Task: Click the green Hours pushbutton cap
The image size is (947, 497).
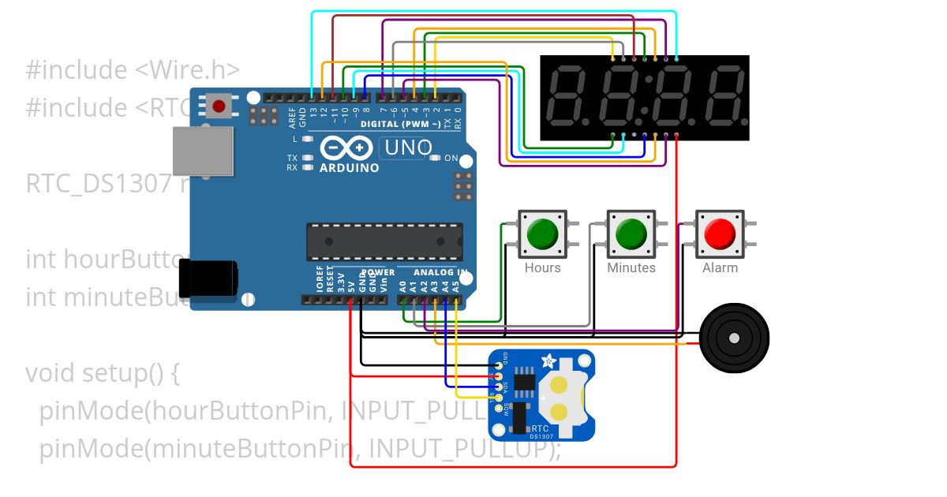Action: [x=542, y=234]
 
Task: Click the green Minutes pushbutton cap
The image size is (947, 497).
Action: [x=631, y=234]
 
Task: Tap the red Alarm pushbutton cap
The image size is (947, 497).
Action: [x=720, y=234]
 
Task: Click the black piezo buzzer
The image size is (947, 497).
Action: [x=735, y=338]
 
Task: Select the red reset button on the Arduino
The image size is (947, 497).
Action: [x=219, y=105]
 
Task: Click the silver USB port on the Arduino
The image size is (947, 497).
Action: [x=204, y=151]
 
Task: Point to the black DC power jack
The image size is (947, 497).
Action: [x=208, y=278]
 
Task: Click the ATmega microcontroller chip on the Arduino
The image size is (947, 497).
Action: [x=384, y=241]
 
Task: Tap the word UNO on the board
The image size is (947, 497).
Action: [x=407, y=148]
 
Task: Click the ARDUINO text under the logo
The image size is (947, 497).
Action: [x=349, y=167]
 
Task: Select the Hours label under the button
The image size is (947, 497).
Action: [x=543, y=268]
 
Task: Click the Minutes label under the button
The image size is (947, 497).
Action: [x=631, y=268]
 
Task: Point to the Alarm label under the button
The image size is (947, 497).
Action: [x=720, y=268]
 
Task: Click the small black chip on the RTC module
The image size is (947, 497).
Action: [x=523, y=382]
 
